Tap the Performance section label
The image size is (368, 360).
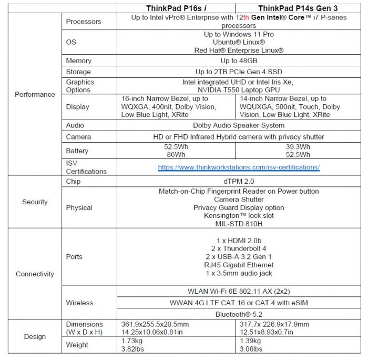pyautogui.click(x=35, y=95)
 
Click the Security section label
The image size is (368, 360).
pyautogui.click(x=35, y=202)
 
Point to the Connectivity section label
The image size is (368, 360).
pyautogui.click(x=35, y=274)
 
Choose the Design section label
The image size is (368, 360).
pyautogui.click(x=35, y=337)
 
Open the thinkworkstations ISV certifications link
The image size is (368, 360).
pyautogui.click(x=239, y=167)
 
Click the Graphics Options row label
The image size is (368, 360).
pyautogui.click(x=80, y=86)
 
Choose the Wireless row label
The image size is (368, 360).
pyautogui.click(x=79, y=303)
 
